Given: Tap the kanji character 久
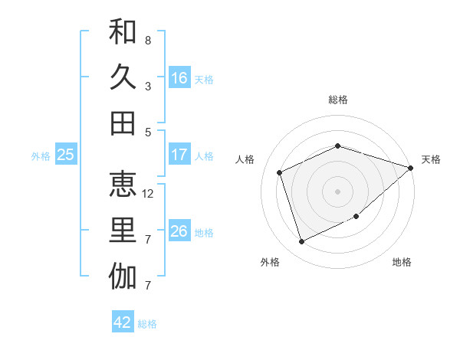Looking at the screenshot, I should [x=123, y=77].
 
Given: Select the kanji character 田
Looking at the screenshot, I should [x=123, y=123].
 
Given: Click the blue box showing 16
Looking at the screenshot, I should [x=179, y=77].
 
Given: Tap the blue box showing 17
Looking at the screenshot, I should [x=179, y=155].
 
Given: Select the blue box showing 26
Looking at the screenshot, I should [x=179, y=231].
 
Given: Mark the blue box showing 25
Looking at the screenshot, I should [x=65, y=155].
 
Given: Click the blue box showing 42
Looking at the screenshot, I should [x=123, y=322].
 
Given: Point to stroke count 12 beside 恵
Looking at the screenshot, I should [x=149, y=194].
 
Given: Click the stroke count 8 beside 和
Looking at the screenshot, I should [x=148, y=40].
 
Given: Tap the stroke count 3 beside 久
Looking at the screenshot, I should [x=148, y=87].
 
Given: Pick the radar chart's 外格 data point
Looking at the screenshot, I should [x=301, y=242].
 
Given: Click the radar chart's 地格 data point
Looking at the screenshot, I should [x=356, y=217].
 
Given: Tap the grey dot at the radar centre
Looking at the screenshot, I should [x=337, y=191].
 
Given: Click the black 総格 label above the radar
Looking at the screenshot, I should [x=337, y=100].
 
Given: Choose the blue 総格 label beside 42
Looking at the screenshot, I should [x=147, y=324].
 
